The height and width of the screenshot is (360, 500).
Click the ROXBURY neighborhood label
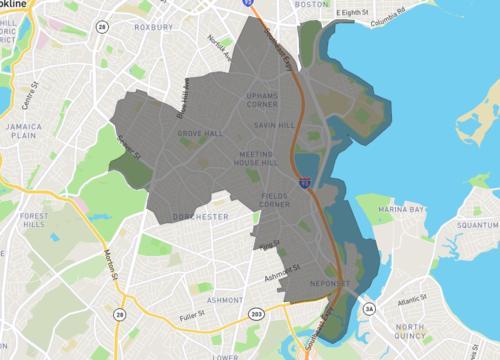(x=154, y=27)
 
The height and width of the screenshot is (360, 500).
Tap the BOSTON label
(x=313, y=4)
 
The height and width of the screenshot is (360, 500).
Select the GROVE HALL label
(x=200, y=132)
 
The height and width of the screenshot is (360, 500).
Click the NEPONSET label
(x=327, y=284)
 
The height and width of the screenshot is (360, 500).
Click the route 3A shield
(x=368, y=310)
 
